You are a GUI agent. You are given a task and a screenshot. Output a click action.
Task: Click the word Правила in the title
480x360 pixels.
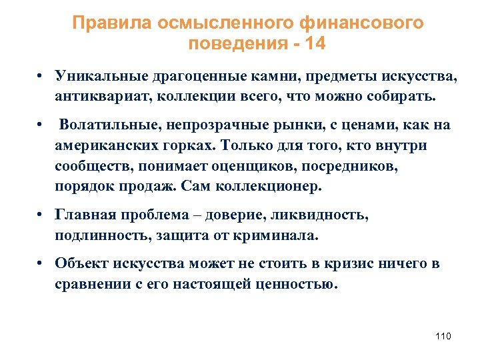tap(113, 23)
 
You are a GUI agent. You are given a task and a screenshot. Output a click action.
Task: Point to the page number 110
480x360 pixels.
tap(443, 336)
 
